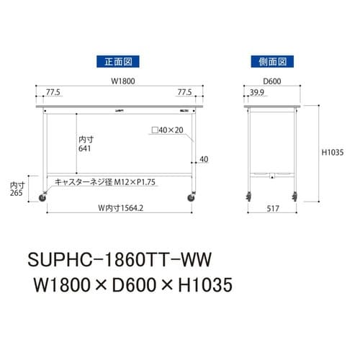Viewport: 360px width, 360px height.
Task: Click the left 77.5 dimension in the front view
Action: click(x=53, y=93)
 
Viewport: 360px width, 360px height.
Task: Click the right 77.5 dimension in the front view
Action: click(x=185, y=93)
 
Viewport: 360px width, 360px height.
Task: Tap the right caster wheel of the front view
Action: click(x=193, y=196)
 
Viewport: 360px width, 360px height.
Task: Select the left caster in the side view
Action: click(x=248, y=196)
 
